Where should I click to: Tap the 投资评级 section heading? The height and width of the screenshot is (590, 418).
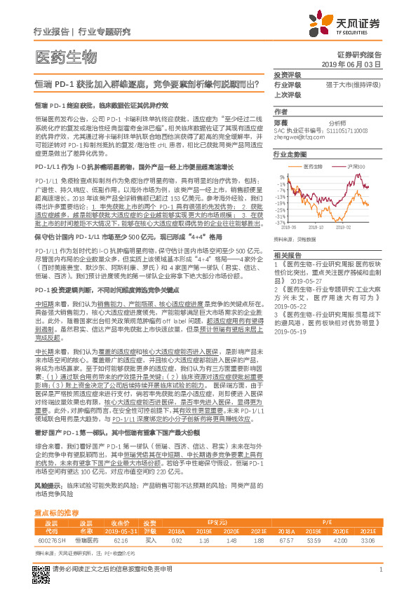(286, 74)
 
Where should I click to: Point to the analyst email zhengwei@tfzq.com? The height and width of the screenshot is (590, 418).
(302, 138)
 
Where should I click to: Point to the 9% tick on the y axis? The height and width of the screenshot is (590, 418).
(281, 177)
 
